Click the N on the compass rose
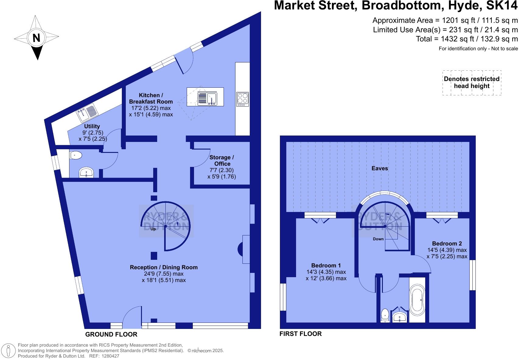pos(37,38)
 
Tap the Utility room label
pos(92,126)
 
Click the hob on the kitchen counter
pos(242,99)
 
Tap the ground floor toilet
pos(76,156)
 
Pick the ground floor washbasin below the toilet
pos(87,173)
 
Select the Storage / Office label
pos(222,161)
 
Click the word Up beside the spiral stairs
pos(153,229)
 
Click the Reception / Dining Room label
pos(164,267)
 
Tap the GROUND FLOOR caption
pos(111,334)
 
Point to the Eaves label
pos(380,168)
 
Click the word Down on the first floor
pos(378,239)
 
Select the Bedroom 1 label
pos(326,265)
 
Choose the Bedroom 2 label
pos(447,243)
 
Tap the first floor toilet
pos(385,315)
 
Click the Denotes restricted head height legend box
pos(471,83)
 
